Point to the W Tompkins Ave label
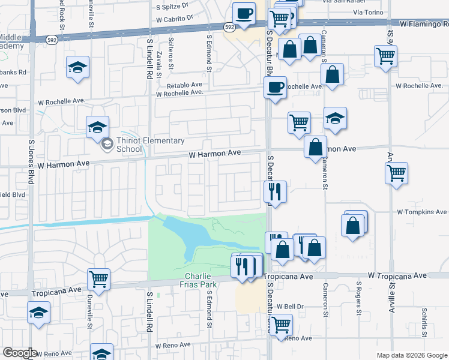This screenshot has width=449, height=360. click(421, 212)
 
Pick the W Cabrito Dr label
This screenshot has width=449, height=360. click(174, 18)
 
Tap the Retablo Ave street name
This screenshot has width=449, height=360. click(185, 85)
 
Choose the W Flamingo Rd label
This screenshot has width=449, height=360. click(424, 25)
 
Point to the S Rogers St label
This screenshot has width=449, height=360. click(359, 298)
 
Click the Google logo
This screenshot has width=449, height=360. click(19, 353)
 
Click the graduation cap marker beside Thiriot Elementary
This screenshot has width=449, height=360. click(97, 128)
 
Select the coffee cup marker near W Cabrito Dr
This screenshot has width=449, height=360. click(244, 13)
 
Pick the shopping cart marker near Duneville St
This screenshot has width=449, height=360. click(98, 279)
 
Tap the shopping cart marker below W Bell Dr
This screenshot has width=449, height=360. click(280, 325)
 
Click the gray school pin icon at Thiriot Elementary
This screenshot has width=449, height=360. click(107, 143)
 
